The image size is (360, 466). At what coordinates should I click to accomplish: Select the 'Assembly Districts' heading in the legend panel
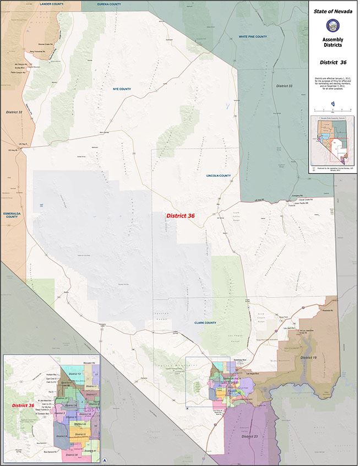click(332, 44)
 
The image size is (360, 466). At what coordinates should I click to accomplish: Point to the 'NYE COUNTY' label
click(122, 89)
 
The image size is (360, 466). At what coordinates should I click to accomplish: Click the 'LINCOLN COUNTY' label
click(218, 175)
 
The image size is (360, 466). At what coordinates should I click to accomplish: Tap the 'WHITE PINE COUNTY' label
click(253, 36)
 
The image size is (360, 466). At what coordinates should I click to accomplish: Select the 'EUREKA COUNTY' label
click(109, 4)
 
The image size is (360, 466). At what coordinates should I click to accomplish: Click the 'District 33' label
click(284, 86)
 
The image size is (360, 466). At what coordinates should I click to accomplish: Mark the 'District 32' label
click(14, 112)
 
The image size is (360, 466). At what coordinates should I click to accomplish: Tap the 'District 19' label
click(309, 357)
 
